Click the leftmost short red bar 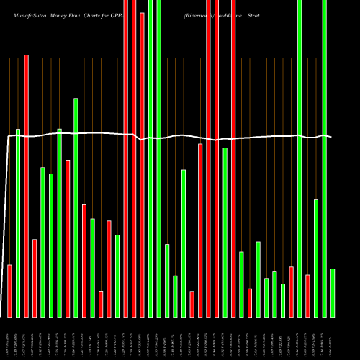coord(10,291)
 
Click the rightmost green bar coord(333,292)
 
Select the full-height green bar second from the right coord(325,158)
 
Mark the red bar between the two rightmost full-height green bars coord(308,296)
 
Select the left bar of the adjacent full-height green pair coord(150,158)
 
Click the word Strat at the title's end coord(252,14)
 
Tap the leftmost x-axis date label coord(10,337)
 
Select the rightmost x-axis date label coord(333,337)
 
